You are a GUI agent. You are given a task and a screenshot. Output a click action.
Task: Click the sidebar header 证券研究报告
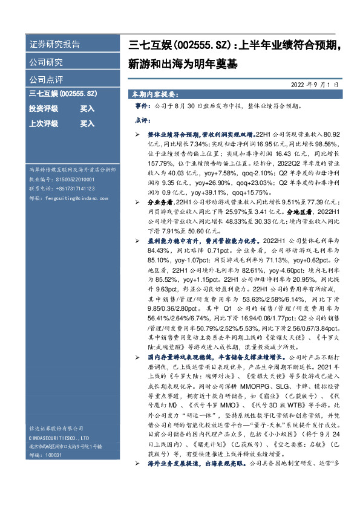pyautogui.click(x=54, y=45)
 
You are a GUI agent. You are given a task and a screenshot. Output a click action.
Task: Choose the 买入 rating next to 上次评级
pyautogui.click(x=88, y=123)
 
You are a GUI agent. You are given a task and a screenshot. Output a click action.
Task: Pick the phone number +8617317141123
pyautogui.click(x=70, y=188)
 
